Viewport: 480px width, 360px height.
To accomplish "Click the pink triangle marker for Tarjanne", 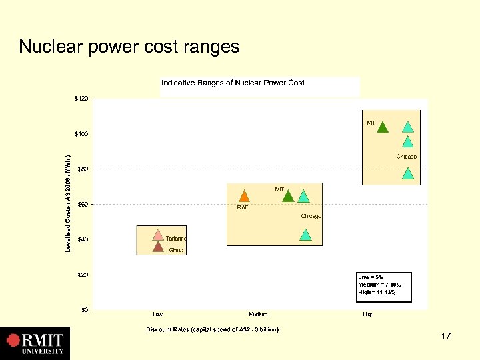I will (158, 235).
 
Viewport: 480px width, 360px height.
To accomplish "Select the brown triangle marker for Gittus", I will (158, 246).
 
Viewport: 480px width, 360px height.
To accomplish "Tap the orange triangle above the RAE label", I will (244, 196).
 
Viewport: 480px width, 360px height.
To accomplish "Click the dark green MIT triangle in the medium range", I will (288, 195).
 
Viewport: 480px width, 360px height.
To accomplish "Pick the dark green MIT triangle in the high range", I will (383, 127).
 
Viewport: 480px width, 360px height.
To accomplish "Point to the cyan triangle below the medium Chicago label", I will (305, 235).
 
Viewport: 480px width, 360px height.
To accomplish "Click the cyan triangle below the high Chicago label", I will (408, 173).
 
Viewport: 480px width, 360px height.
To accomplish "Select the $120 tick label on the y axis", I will (80, 99).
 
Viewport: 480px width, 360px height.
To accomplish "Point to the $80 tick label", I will (81, 169).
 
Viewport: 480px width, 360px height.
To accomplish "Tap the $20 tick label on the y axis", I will (81, 275).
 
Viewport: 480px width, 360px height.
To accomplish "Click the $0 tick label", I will (84, 310).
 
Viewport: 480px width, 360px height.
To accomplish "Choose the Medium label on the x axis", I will (258, 314).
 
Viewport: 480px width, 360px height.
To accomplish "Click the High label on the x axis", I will (368, 314).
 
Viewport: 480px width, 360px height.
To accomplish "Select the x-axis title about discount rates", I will (213, 329).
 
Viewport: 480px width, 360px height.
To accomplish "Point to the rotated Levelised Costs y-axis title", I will (68, 203).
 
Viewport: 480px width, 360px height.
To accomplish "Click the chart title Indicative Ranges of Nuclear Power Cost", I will (233, 83).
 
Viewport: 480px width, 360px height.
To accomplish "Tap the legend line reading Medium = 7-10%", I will (379, 284).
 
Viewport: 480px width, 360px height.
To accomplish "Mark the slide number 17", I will (446, 337).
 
